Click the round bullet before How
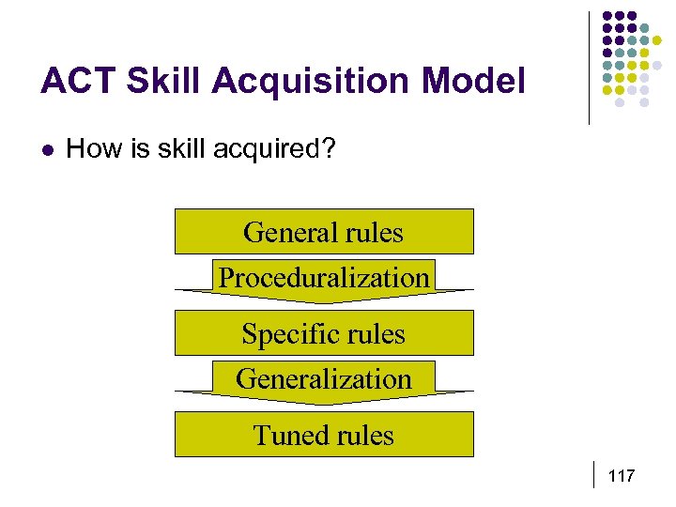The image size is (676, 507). pyautogui.click(x=47, y=148)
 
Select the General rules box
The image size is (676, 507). pyautogui.click(x=324, y=231)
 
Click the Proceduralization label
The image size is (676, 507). pyautogui.click(x=324, y=278)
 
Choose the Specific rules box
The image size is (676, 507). pyautogui.click(x=324, y=333)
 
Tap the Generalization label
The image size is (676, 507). pyautogui.click(x=324, y=379)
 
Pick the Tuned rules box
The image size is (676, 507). pyautogui.click(x=324, y=435)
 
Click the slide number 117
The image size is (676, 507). pyautogui.click(x=622, y=477)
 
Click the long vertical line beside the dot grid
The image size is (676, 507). pyautogui.click(x=589, y=68)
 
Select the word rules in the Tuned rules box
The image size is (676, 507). pyautogui.click(x=362, y=436)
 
